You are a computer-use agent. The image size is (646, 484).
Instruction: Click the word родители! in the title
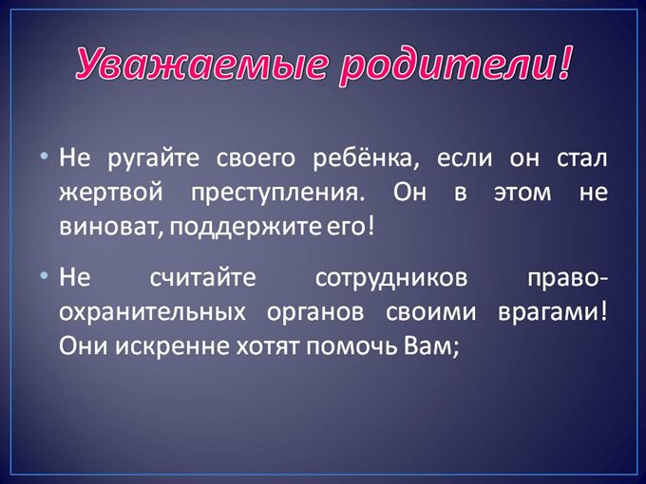click(446, 63)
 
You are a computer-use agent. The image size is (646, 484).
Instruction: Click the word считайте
click(203, 280)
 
